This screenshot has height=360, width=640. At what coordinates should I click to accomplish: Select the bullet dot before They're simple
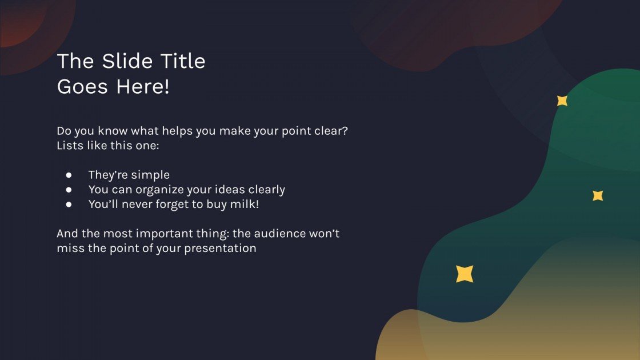tap(69, 175)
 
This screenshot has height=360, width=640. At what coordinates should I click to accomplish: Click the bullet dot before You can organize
tap(69, 189)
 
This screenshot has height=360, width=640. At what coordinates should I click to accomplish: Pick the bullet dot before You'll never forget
tap(69, 203)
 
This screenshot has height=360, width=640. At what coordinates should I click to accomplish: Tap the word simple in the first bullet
tap(150, 175)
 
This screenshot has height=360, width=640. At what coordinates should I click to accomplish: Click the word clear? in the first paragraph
tap(331, 131)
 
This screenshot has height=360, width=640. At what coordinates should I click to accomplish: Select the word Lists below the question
tap(70, 145)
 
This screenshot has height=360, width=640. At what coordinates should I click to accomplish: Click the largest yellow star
tap(465, 274)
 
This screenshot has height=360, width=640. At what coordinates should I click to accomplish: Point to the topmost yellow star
tap(562, 101)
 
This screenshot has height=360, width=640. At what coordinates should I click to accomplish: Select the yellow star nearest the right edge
tap(598, 195)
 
